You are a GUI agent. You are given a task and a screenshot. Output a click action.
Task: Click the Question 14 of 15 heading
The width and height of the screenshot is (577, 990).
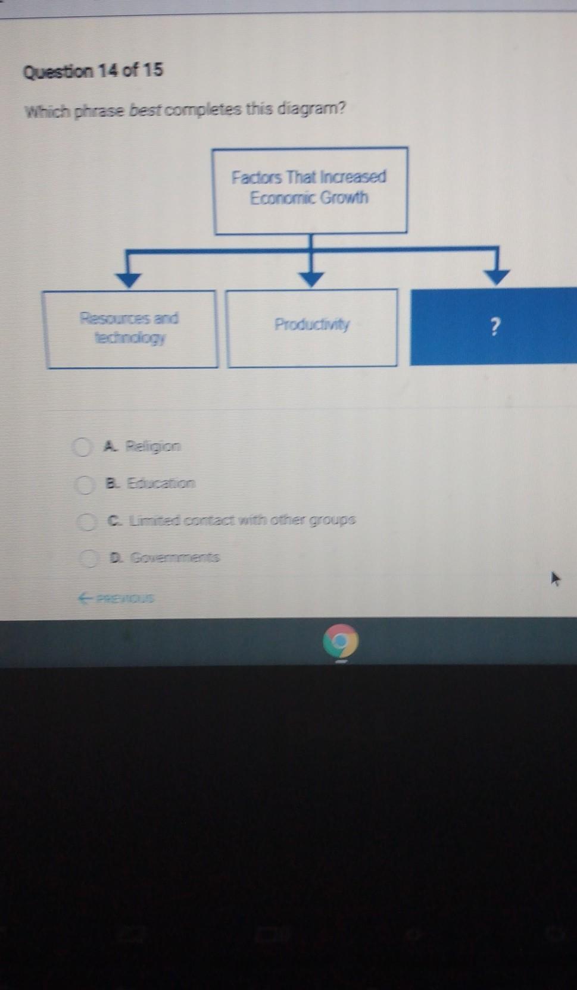point(92,71)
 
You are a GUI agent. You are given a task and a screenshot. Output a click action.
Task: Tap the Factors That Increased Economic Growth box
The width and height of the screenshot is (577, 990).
point(310,190)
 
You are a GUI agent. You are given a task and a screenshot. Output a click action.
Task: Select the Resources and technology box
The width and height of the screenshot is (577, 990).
point(130,328)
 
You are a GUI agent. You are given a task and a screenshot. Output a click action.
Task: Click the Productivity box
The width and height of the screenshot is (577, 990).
point(312,327)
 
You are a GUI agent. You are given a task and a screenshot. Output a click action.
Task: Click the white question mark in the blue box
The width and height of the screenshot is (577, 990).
point(494,326)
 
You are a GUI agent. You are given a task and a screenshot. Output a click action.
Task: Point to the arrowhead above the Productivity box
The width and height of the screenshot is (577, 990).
point(310,278)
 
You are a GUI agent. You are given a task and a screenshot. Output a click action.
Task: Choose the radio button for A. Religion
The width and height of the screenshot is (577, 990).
point(82,447)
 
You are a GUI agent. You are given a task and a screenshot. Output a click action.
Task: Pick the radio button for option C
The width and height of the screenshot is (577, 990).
point(88,522)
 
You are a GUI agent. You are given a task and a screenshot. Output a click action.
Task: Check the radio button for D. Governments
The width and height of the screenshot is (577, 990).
point(91,558)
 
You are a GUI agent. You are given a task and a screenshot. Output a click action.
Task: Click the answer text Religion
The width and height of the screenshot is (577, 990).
point(152,446)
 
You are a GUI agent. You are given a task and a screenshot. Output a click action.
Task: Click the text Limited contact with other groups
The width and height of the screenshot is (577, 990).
point(241,520)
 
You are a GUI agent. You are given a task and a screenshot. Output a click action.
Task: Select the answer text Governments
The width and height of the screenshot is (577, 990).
point(174,557)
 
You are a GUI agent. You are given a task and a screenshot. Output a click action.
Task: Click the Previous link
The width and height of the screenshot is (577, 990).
point(116,598)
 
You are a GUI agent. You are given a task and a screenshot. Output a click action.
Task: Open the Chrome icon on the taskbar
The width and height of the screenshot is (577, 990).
point(340,641)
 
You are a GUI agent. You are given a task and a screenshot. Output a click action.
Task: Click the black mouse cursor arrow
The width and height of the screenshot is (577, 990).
point(556,578)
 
